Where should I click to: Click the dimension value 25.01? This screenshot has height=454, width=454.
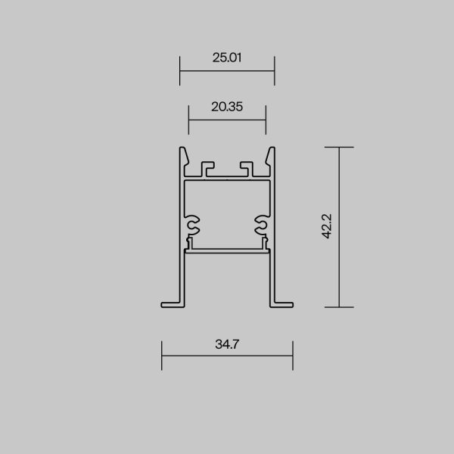pyautogui.click(x=227, y=58)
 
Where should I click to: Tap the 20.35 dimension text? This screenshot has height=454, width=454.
pyautogui.click(x=227, y=107)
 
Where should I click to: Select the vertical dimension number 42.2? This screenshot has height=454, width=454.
pyautogui.click(x=328, y=226)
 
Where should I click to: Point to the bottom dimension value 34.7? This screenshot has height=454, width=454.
pyautogui.click(x=227, y=344)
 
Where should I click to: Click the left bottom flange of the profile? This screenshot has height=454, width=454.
pyautogui.click(x=173, y=303)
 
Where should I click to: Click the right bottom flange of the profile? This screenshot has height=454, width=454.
pyautogui.click(x=281, y=303)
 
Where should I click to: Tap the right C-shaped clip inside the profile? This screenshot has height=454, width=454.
pyautogui.click(x=262, y=224)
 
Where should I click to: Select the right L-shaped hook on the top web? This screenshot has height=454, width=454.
pyautogui.click(x=247, y=166)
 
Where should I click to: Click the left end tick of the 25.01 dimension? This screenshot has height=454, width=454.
pyautogui.click(x=180, y=72)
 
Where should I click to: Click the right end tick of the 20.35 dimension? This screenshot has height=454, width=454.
pyautogui.click(x=266, y=121)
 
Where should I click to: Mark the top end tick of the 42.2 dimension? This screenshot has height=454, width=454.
pyautogui.click(x=339, y=147)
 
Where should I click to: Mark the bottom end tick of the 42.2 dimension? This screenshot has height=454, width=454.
pyautogui.click(x=339, y=307)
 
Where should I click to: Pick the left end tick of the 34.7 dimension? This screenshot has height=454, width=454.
pyautogui.click(x=162, y=356)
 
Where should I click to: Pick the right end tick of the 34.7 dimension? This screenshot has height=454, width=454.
pyautogui.click(x=292, y=356)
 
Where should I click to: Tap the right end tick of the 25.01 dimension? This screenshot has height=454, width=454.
pyautogui.click(x=274, y=72)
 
